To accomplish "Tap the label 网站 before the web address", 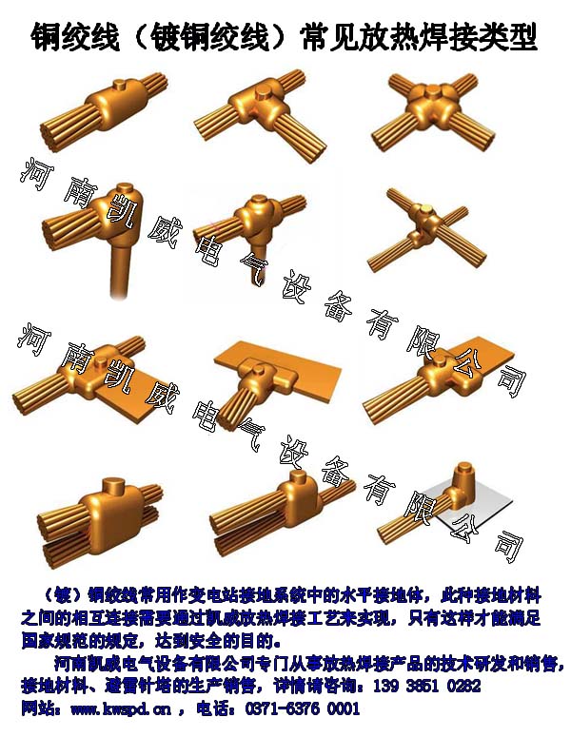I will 37,709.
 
